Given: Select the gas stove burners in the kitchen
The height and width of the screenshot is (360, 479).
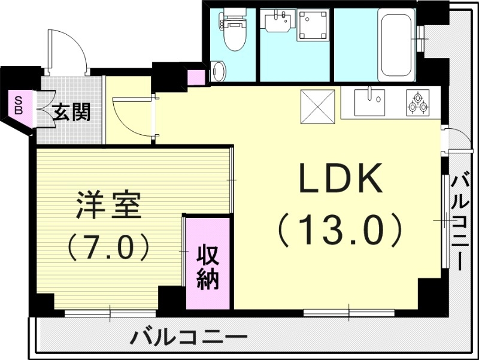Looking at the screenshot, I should click(417, 103).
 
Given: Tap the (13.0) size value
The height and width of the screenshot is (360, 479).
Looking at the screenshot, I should click(339, 228).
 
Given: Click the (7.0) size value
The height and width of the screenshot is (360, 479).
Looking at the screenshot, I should click(108, 246).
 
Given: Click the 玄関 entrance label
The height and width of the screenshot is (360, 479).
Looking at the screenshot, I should click(71, 112).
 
